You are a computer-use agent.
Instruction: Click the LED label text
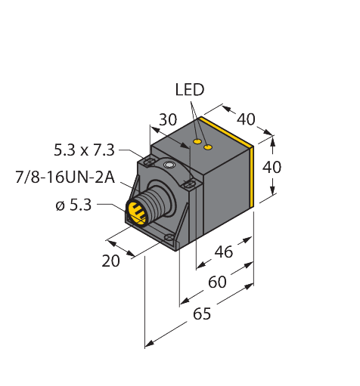coord(189,90)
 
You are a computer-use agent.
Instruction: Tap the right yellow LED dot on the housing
coord(209,147)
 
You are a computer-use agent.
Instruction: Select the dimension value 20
coord(112,261)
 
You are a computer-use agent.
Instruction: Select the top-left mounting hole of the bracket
coord(149,162)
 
